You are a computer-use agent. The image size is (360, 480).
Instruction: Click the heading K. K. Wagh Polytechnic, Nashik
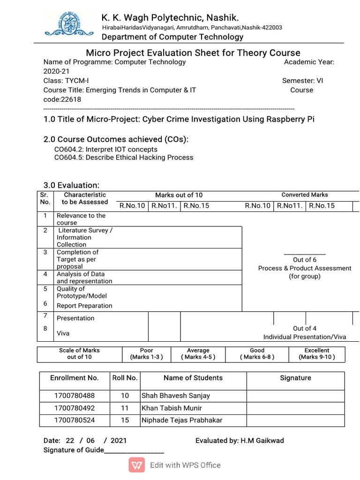(x=170, y=18)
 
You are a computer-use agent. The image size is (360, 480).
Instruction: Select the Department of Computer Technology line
(x=172, y=37)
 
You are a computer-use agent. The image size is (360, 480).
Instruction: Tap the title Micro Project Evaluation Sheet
(x=193, y=52)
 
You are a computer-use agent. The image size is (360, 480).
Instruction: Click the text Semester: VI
(x=302, y=81)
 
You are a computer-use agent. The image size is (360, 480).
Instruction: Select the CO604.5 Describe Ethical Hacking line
(x=124, y=157)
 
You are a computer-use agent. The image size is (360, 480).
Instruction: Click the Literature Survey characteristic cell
(x=84, y=237)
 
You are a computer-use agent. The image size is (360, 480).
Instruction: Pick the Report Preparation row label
(x=84, y=306)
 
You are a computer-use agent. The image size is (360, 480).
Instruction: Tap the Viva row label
(x=63, y=333)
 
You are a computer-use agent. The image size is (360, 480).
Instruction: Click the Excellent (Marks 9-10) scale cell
(x=317, y=353)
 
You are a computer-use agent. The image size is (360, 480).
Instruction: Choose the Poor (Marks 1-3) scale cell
(x=146, y=353)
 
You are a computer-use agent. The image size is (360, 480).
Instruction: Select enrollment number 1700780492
(x=75, y=408)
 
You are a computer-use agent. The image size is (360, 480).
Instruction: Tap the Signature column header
(x=295, y=378)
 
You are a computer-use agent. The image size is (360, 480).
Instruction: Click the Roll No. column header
(x=125, y=378)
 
